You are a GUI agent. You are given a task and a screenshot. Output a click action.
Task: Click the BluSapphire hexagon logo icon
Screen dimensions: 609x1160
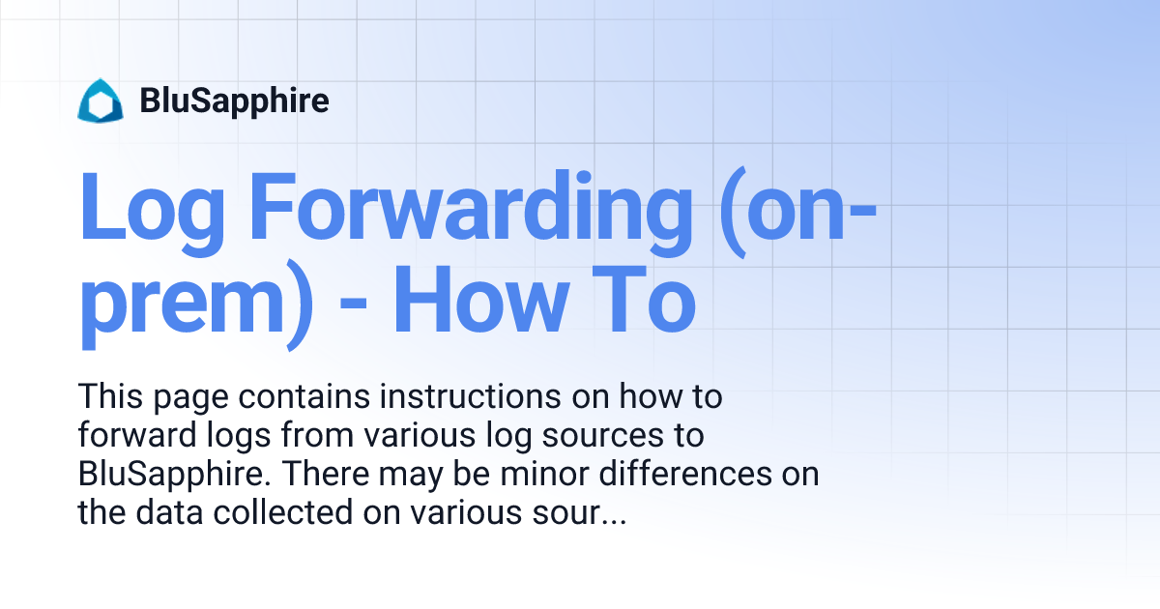(x=101, y=101)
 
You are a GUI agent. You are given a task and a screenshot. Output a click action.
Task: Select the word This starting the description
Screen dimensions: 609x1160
(x=111, y=397)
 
